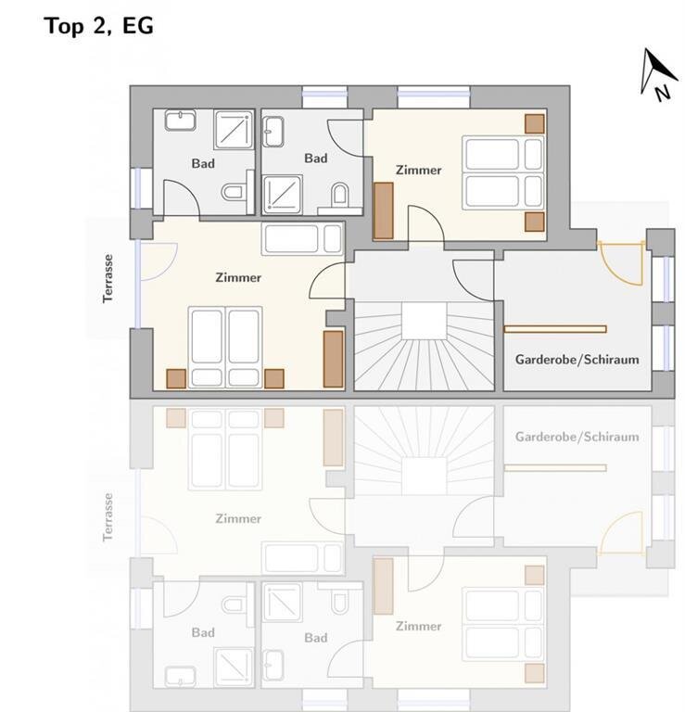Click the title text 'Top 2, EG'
pos(99,26)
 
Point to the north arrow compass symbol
pos(658,74)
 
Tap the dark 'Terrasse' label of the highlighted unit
pos(108,278)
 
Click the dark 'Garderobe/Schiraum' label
pos(577,360)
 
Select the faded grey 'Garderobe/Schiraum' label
pos(577,437)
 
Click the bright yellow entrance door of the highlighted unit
pos(621,262)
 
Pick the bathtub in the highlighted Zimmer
pos(303,238)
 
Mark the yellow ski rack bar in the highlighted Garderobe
pos(554,329)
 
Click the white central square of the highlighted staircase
pos(424,321)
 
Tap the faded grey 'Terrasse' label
pos(108,517)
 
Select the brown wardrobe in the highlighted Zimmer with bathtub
pos(333,359)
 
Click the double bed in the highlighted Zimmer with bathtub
pos(225,348)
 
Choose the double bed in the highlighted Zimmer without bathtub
pos(503,172)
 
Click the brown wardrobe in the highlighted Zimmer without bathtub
pos(384,210)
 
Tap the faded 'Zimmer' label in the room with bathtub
pos(238,518)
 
